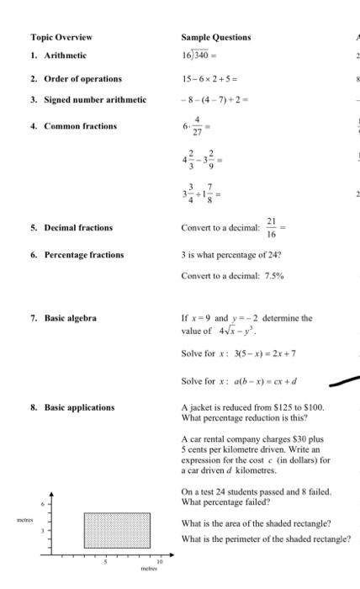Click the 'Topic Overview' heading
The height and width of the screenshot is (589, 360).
[61, 37]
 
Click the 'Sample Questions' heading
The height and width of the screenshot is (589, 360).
[216, 37]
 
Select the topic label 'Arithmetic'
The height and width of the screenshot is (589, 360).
[65, 55]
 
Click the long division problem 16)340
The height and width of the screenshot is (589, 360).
[199, 56]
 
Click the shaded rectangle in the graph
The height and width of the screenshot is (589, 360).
[116, 530]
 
